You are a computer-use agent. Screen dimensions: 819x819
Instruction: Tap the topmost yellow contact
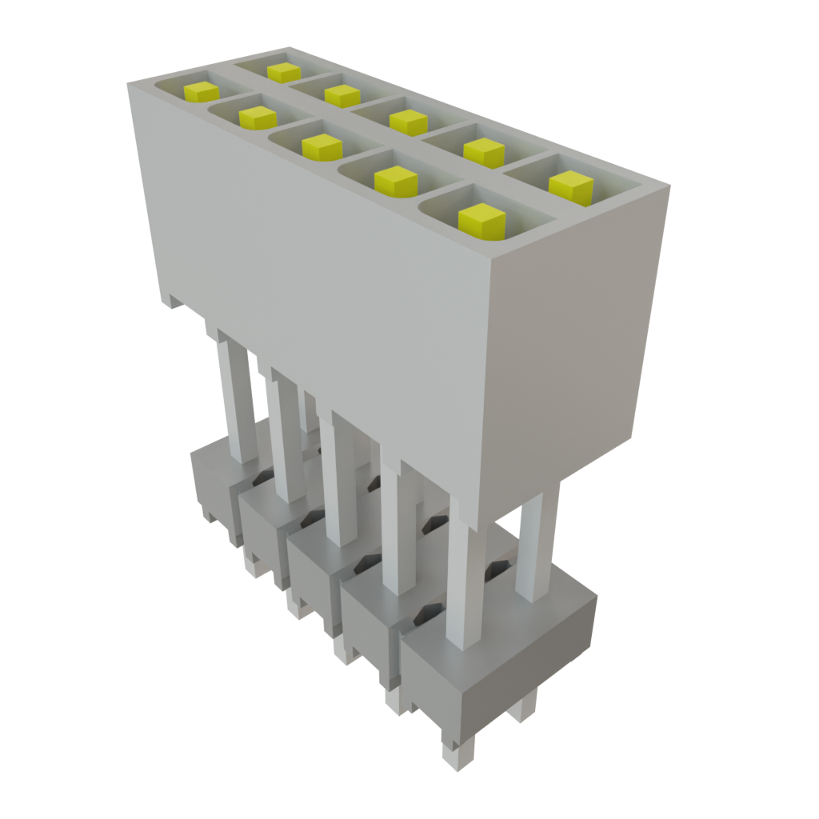coord(284,72)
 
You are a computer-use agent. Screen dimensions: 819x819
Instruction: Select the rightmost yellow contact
coord(571,186)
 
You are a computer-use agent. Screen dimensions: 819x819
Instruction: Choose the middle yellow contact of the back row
coord(409,122)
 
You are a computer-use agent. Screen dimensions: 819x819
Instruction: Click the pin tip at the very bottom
coord(457,756)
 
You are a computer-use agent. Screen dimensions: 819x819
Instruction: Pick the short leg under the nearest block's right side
coord(524,708)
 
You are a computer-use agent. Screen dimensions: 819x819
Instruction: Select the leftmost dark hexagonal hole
coord(260,477)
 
